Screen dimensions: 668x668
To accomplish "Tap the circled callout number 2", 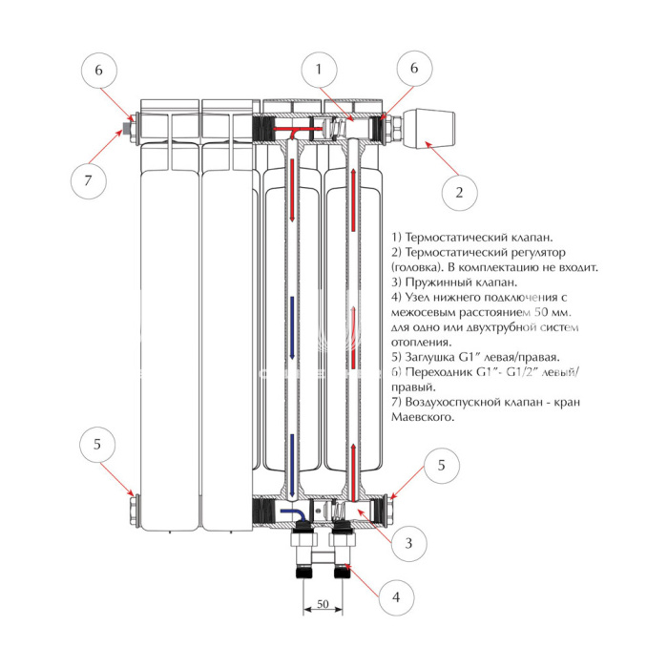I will (x=459, y=192).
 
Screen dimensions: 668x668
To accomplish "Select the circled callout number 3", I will (x=408, y=543).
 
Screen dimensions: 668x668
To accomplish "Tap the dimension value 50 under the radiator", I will (x=323, y=605).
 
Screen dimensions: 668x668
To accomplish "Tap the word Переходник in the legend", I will (x=441, y=372).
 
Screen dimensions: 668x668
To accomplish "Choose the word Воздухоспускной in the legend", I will (x=456, y=403).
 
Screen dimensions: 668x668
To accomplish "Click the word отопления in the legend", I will (x=421, y=342).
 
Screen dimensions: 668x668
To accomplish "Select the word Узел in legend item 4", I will (x=418, y=298).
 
